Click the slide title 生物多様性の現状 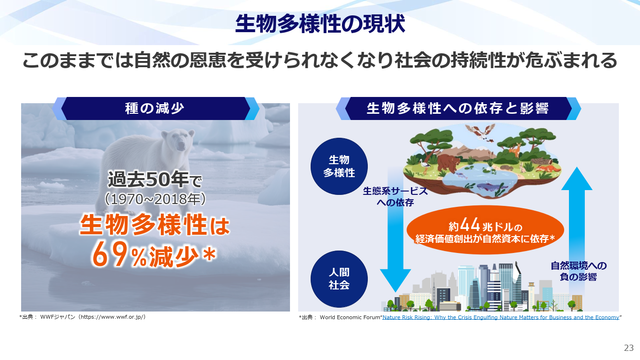320,24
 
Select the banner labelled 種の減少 156,108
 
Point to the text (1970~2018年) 155,199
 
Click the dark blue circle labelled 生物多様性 339,166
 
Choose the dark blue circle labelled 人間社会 339,279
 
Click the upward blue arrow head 577,179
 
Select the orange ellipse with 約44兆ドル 485,230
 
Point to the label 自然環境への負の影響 579,271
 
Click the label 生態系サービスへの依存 396,197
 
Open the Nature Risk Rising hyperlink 501,317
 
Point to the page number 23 629,348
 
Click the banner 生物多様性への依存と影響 459,108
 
